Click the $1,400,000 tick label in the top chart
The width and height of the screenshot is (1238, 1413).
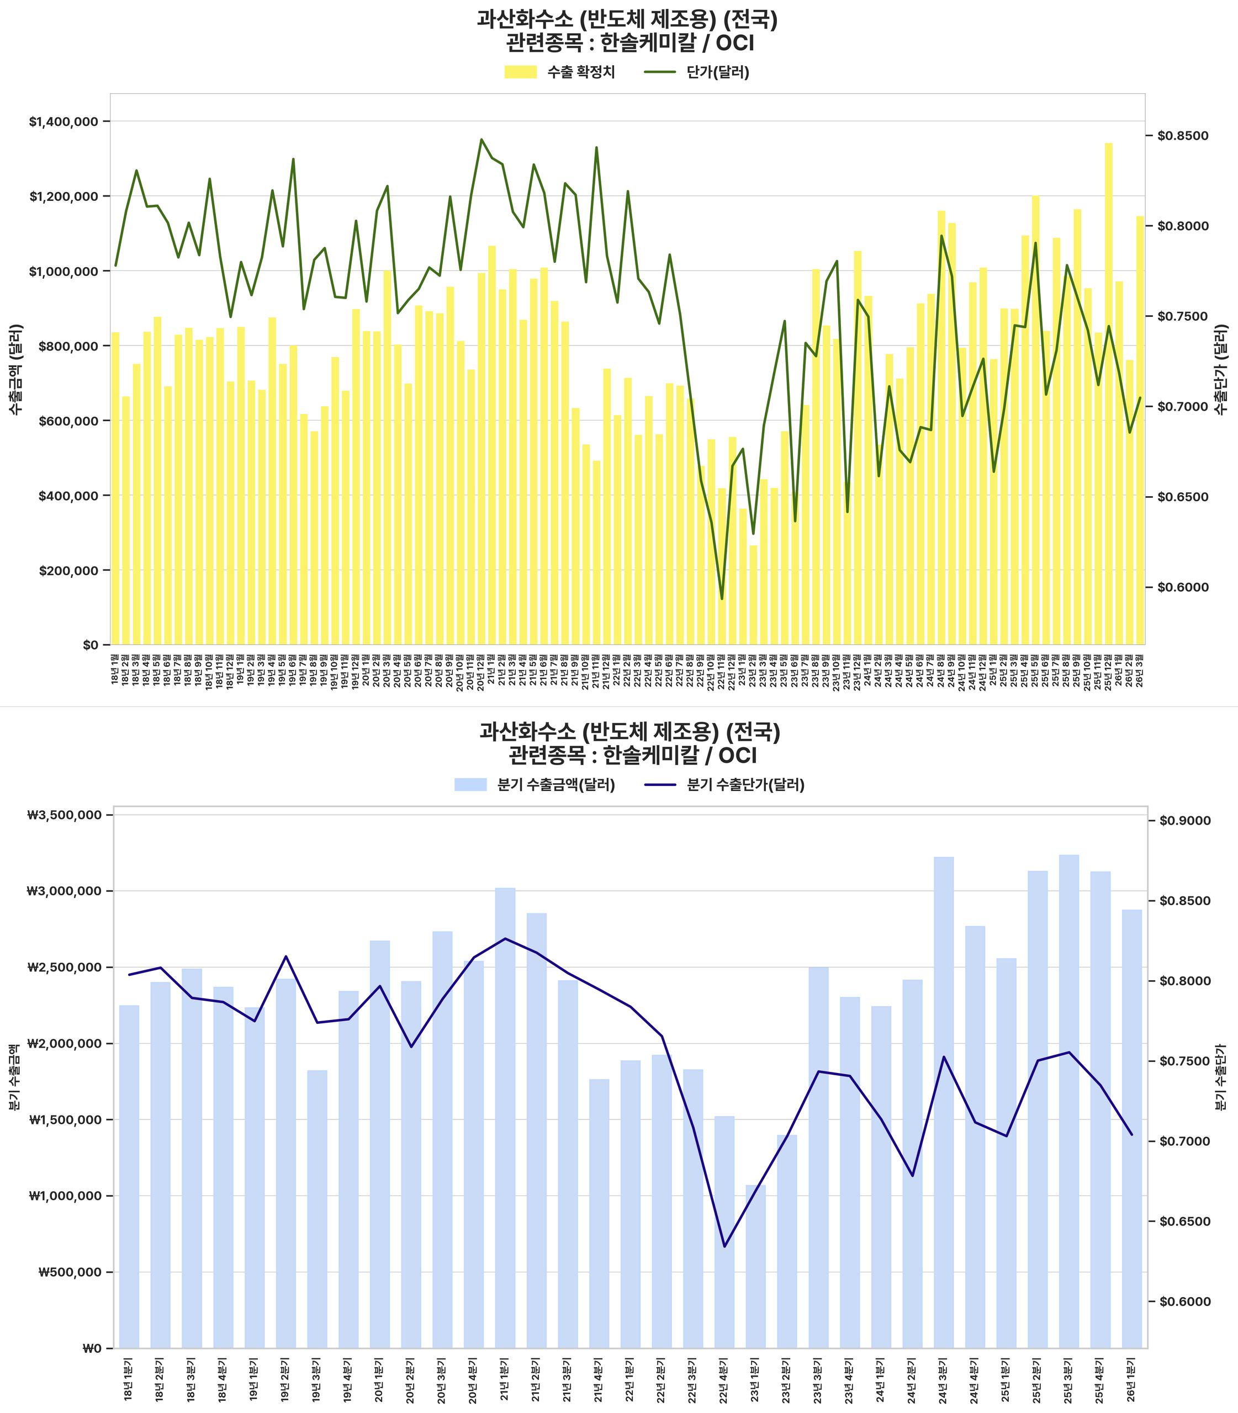tap(64, 122)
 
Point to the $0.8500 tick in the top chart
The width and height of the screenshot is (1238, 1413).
tap(1183, 136)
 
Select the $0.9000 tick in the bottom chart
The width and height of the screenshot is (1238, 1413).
tap(1186, 820)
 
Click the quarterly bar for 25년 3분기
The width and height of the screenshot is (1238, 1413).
tap(1068, 1102)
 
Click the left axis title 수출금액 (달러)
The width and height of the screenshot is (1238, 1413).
tap(15, 369)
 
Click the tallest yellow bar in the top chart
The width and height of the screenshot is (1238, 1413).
tap(1109, 394)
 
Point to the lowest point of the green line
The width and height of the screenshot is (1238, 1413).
tap(722, 599)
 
